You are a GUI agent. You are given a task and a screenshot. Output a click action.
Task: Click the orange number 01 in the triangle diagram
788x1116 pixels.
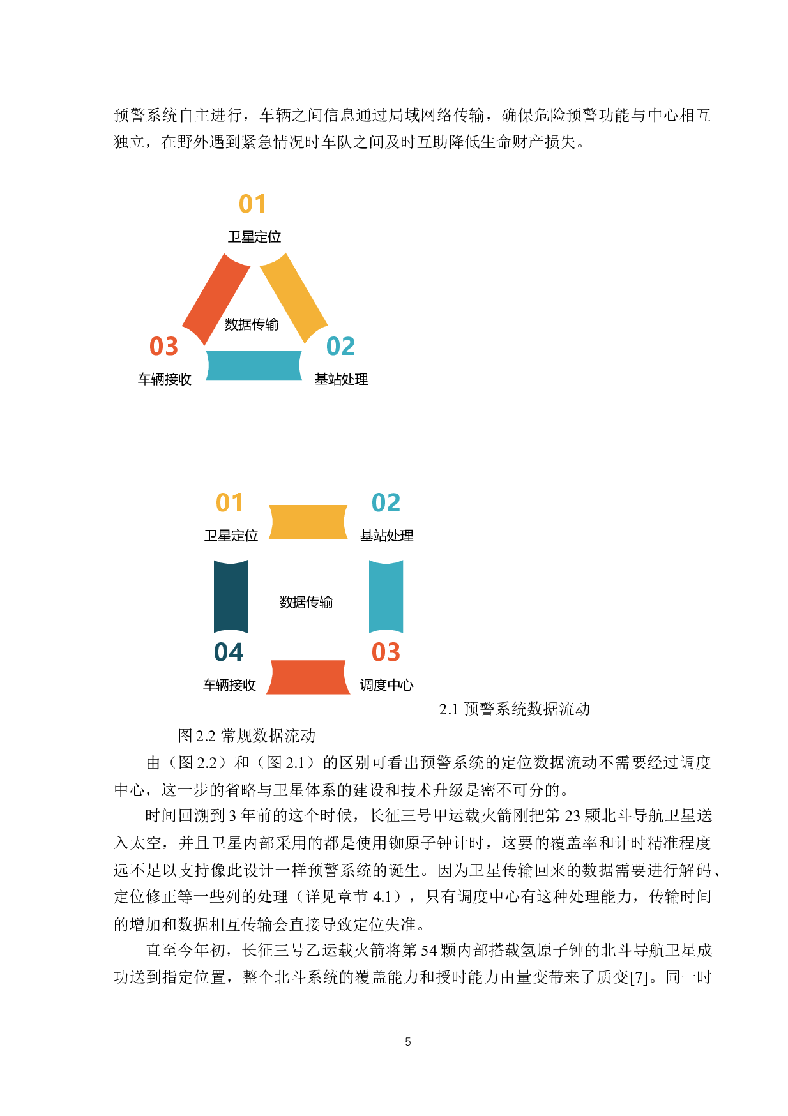tap(252, 204)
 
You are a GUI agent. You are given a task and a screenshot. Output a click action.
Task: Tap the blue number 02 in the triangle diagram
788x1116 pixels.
tap(340, 347)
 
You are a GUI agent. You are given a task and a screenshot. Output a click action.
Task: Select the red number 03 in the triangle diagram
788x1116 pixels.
tap(163, 347)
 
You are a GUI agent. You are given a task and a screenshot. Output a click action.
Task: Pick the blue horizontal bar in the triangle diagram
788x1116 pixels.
tap(254, 365)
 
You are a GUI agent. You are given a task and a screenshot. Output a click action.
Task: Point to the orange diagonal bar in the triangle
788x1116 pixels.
tap(295, 295)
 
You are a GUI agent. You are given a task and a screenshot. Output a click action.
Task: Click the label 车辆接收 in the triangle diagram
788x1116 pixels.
tap(165, 379)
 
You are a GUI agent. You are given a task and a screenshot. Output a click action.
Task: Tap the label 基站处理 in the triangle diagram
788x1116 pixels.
tap(341, 379)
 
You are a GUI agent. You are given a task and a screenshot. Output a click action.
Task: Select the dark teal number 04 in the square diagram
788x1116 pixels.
tap(229, 652)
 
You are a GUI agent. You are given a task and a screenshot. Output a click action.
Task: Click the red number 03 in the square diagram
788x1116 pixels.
tap(386, 652)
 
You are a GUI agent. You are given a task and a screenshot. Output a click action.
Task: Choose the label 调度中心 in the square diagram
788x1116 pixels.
tap(386, 685)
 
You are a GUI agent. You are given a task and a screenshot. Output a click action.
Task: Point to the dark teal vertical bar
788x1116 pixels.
tap(231, 597)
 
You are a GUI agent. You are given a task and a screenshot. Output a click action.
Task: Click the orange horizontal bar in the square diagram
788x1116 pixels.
tap(308, 522)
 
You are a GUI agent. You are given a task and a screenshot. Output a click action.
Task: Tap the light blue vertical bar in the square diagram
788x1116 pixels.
tap(386, 597)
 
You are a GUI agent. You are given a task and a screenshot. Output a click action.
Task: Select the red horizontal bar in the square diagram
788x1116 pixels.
tap(308, 677)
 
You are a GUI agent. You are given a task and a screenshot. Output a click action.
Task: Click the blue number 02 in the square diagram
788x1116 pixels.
tap(386, 503)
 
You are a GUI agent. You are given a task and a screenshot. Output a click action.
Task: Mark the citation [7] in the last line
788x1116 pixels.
tap(639, 977)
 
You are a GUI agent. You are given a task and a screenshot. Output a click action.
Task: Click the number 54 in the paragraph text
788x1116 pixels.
tap(428, 951)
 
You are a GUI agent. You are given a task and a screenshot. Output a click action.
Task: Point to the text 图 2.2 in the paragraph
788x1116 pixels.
tap(199, 763)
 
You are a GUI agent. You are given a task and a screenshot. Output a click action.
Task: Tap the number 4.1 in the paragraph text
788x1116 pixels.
tap(382, 897)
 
